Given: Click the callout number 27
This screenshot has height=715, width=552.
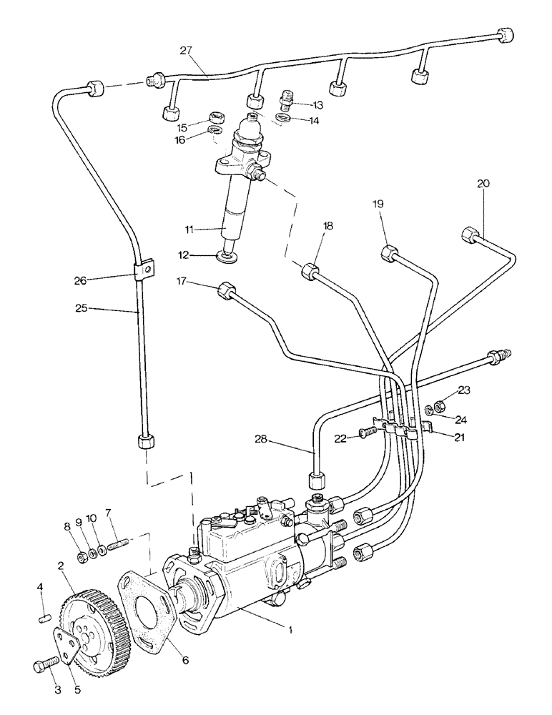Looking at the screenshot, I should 187,51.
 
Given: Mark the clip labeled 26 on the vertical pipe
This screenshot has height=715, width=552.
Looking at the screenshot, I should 144,270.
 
